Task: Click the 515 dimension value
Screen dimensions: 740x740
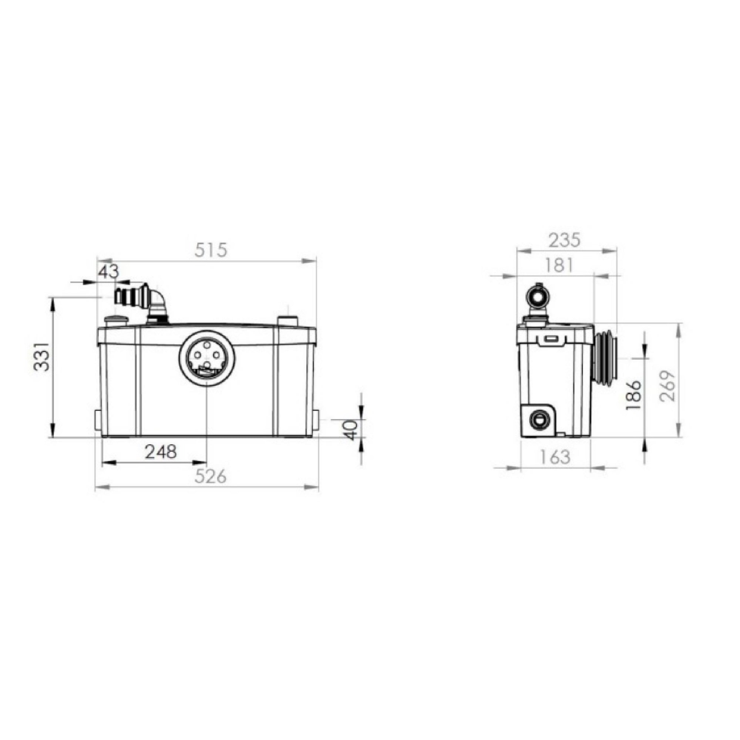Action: [x=211, y=250]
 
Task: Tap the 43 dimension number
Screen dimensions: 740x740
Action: [x=109, y=272]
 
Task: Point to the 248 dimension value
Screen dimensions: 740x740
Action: [x=161, y=452]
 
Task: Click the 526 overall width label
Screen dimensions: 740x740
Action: [x=211, y=477]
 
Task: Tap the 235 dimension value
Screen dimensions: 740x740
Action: [x=565, y=240]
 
